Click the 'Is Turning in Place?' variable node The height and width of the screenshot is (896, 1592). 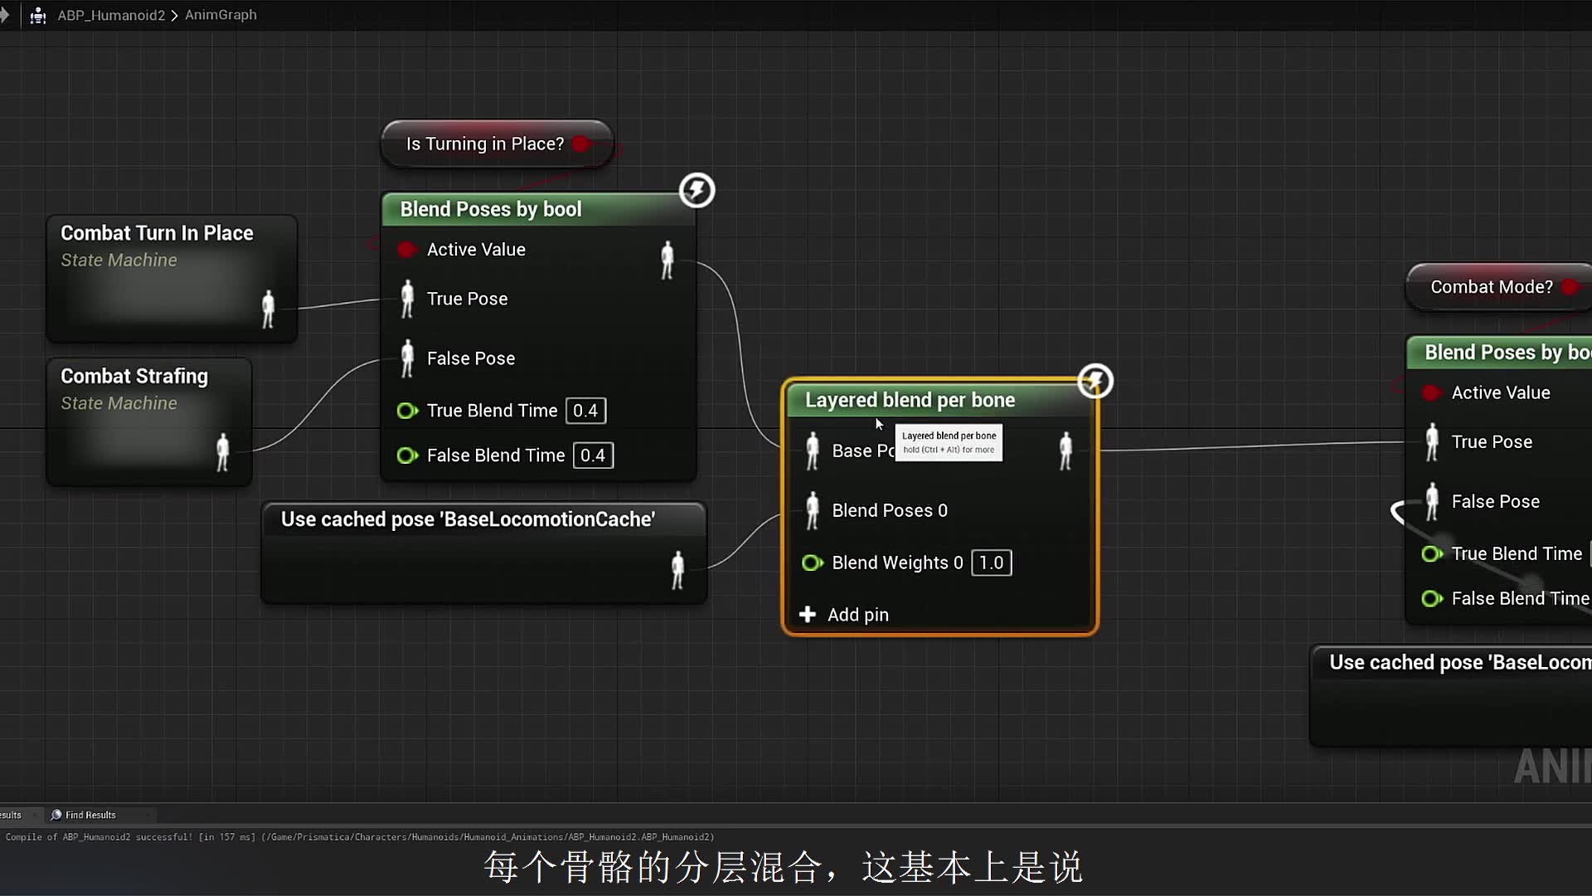[486, 144]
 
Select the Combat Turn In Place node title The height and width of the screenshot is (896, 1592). [157, 233]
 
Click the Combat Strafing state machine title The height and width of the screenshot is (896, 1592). [134, 377]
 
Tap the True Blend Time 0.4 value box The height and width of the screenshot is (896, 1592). [585, 411]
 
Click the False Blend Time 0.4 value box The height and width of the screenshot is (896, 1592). [593, 455]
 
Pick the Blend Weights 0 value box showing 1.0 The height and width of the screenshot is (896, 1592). [991, 563]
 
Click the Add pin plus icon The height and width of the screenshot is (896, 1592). [808, 615]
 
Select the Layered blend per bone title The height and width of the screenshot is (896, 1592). [910, 400]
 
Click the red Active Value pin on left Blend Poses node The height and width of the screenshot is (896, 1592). [406, 250]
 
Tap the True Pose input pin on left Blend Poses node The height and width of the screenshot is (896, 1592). [407, 299]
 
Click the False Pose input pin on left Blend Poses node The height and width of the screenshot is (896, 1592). [407, 358]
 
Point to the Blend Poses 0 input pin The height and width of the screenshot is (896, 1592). [813, 510]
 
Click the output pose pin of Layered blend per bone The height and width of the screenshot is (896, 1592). [1065, 451]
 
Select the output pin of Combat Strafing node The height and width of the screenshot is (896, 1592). [222, 452]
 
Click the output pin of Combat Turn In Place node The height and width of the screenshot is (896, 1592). [268, 309]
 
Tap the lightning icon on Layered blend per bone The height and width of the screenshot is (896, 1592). [1095, 382]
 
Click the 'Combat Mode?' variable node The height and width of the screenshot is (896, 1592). [1491, 287]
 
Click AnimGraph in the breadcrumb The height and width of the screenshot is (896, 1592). [221, 15]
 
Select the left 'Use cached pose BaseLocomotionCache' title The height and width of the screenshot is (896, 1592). [468, 519]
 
